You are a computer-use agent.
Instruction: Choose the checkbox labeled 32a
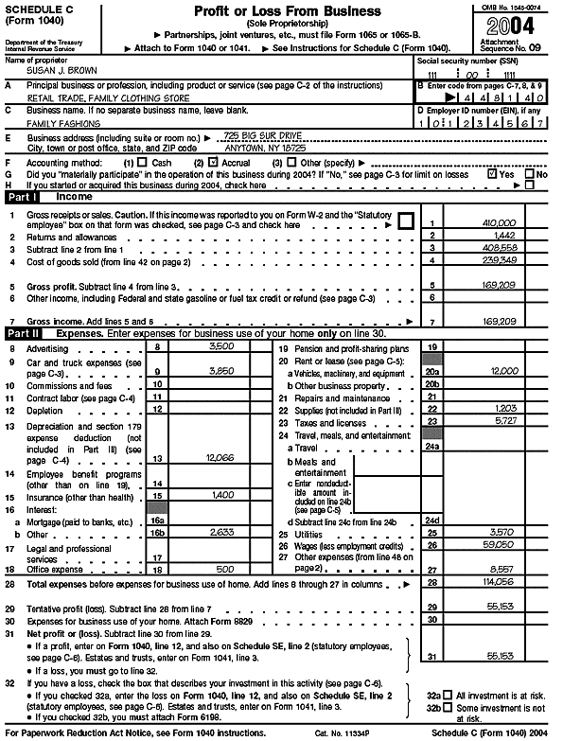click(x=449, y=695)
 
